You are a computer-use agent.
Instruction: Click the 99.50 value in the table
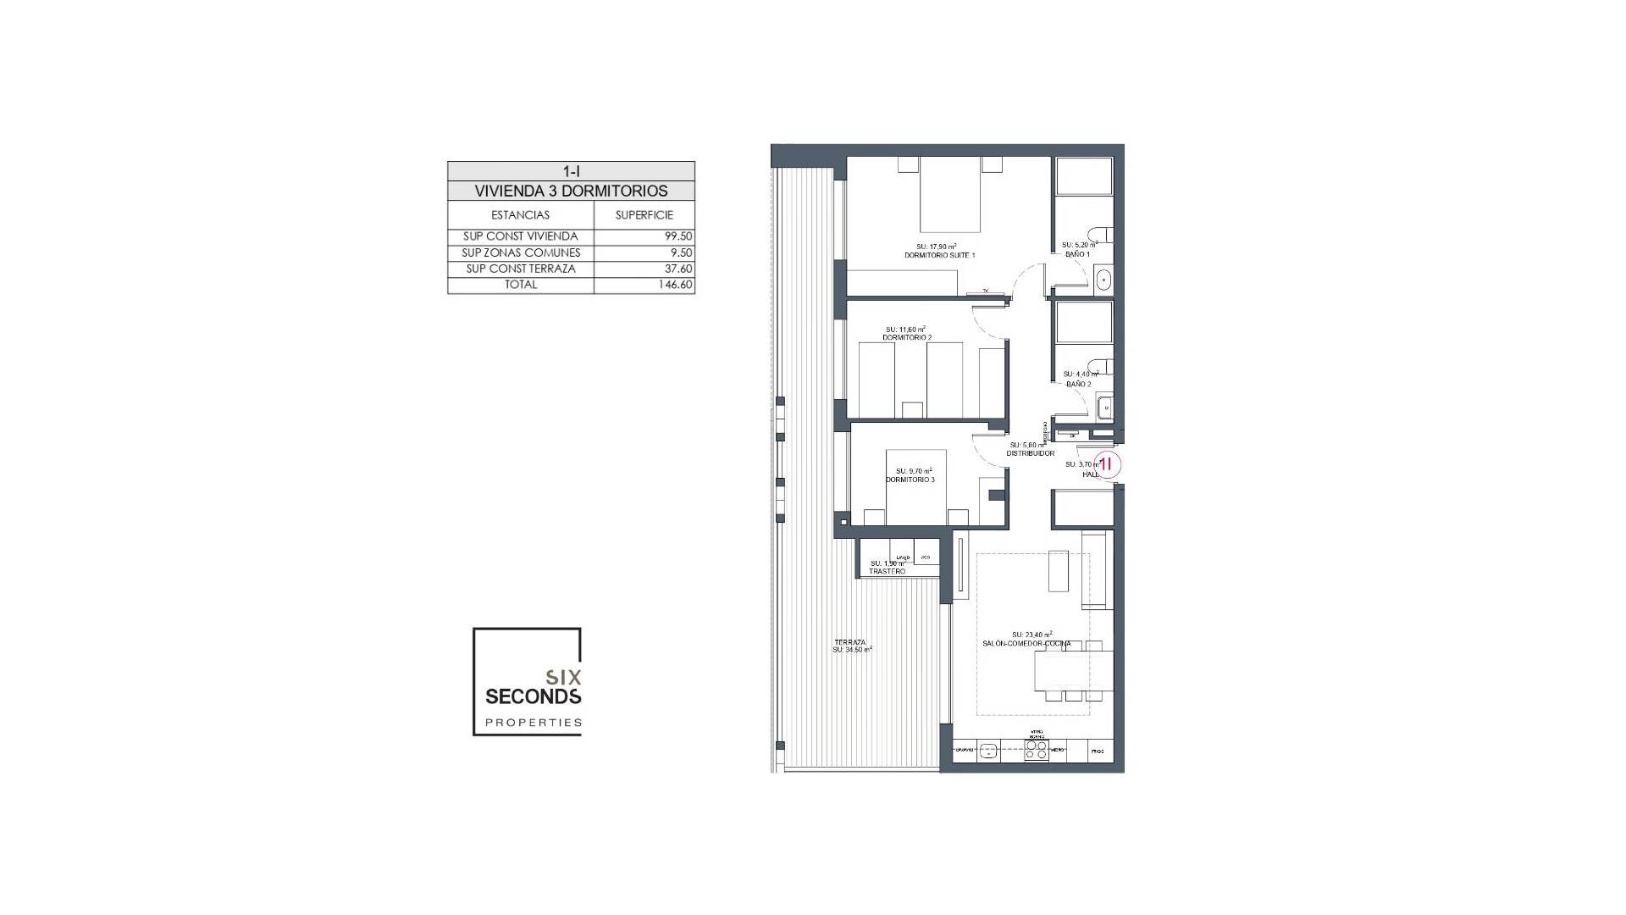tap(678, 237)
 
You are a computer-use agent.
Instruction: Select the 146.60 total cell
tap(676, 286)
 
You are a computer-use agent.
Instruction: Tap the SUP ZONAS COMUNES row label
tap(521, 253)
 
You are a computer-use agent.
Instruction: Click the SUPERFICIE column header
tap(644, 215)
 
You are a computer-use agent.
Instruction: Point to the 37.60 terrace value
tap(679, 269)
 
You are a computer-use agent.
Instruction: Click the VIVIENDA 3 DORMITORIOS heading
tap(571, 191)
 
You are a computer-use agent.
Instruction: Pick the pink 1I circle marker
tap(1108, 463)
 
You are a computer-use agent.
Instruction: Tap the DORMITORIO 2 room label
tap(906, 337)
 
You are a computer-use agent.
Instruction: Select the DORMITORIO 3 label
tap(910, 480)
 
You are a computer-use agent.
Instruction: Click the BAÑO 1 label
tap(1076, 254)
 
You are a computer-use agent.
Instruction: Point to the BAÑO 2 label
tap(1078, 384)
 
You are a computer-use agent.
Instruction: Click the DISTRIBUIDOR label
tap(1030, 453)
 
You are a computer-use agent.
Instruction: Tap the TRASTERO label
tap(887, 572)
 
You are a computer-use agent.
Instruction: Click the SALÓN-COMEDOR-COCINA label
tap(1026, 644)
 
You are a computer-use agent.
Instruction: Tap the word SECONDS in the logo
tap(533, 696)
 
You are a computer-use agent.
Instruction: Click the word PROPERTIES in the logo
tap(533, 723)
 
